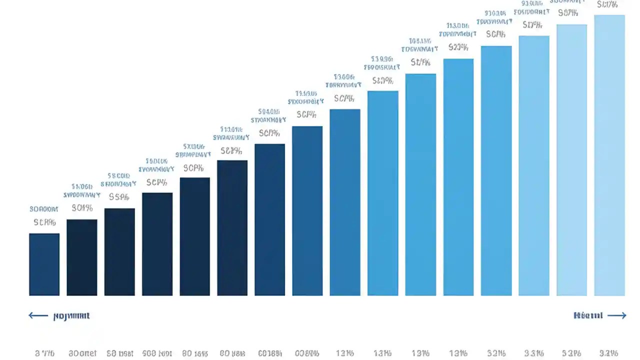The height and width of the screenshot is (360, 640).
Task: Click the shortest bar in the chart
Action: click(44, 264)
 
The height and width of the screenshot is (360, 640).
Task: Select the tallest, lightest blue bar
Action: click(609, 155)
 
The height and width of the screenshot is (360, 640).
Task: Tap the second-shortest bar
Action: click(81, 257)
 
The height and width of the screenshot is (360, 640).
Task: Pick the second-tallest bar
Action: click(571, 160)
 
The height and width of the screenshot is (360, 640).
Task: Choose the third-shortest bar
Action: click(119, 252)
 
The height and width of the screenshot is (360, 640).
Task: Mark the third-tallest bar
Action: click(534, 165)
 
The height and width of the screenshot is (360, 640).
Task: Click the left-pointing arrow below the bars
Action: click(38, 315)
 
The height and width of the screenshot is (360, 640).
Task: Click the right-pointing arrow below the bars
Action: click(616, 315)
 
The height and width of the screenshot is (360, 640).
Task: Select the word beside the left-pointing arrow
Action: click(71, 316)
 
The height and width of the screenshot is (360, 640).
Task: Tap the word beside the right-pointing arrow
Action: click(588, 315)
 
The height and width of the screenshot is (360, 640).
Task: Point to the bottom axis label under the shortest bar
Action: click(44, 353)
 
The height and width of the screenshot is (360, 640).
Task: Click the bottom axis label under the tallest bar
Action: click(608, 353)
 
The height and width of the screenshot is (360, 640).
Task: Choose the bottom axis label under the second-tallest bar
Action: click(571, 353)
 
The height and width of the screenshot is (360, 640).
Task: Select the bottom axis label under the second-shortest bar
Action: click(82, 353)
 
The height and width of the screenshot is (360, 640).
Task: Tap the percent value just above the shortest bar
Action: click(44, 222)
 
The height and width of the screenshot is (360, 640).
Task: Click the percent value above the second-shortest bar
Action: click(82, 207)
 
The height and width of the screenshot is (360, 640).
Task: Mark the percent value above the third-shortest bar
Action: click(119, 196)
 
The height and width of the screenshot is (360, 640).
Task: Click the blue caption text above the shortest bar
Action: click(44, 209)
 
